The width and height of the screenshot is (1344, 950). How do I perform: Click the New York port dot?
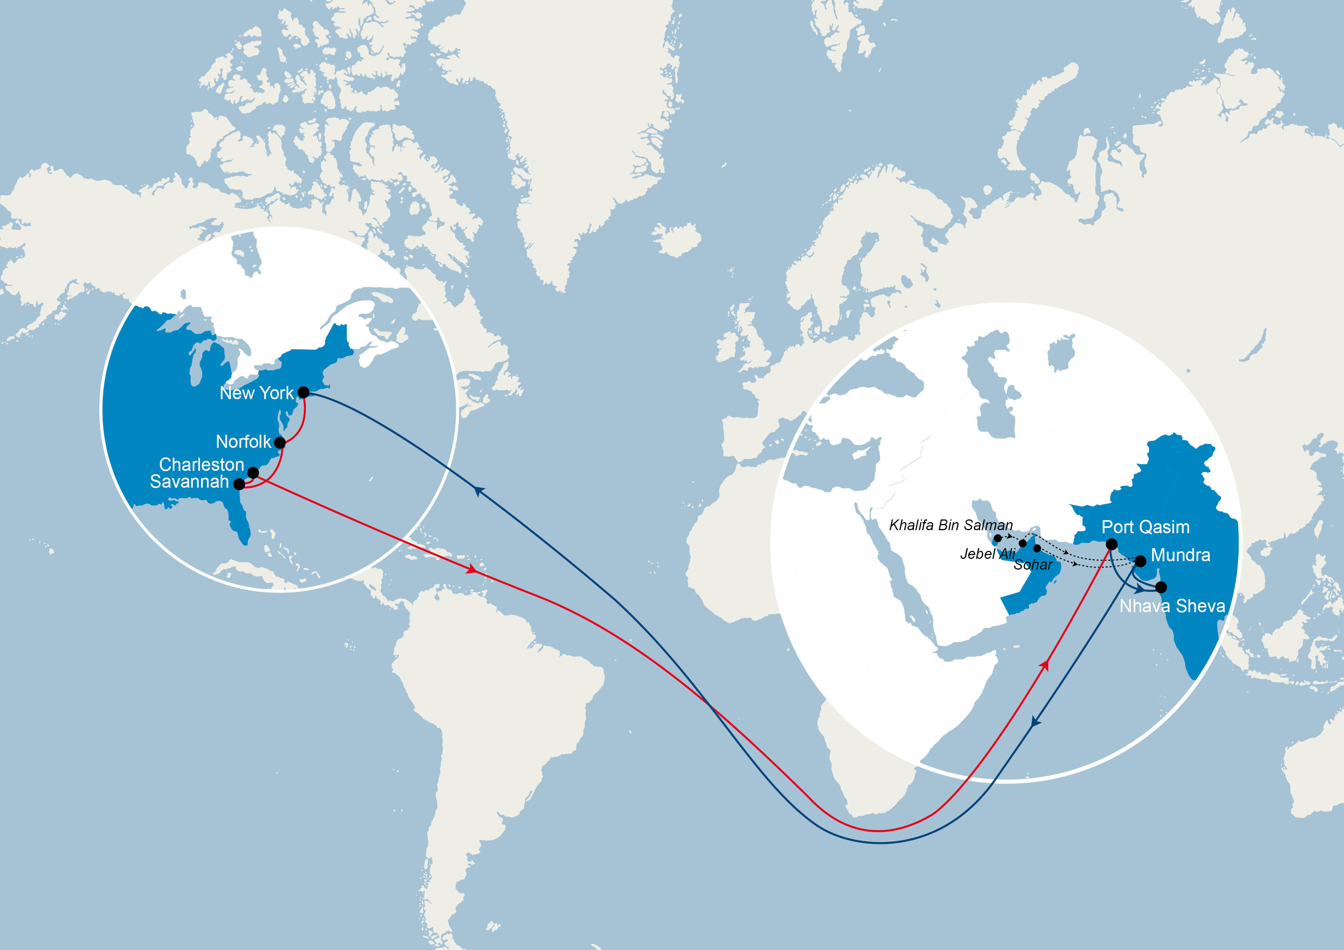[x=303, y=392]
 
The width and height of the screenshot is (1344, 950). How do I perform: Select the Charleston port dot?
[x=253, y=472]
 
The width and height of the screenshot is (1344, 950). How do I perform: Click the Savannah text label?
[x=189, y=482]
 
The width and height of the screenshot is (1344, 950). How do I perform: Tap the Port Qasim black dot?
[x=1111, y=544]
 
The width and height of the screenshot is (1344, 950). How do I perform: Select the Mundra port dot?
[x=1140, y=561]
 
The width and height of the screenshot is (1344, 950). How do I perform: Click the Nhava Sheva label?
[x=1172, y=606]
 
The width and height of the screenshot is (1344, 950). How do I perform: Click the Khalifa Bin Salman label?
[x=951, y=525]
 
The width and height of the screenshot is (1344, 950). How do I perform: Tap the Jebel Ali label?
[x=987, y=554]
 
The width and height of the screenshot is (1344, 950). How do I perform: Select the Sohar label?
[x=1033, y=565]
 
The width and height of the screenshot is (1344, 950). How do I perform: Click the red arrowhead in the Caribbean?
[x=471, y=569]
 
